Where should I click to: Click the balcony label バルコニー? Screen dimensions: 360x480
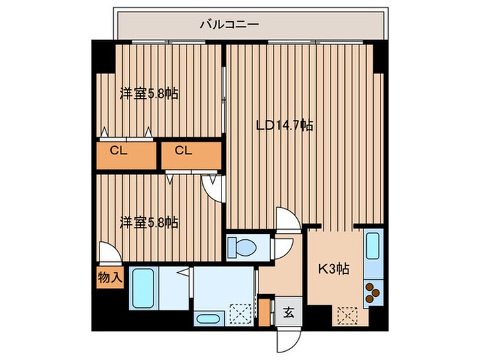[x=230, y=25]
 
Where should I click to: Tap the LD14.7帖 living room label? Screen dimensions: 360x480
[x=285, y=125]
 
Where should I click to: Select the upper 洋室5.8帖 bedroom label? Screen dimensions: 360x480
[x=149, y=94]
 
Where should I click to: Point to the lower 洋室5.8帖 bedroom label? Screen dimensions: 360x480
[x=149, y=222]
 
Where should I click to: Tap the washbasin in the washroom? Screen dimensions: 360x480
[x=207, y=317]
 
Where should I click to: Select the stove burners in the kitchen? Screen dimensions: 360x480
[x=372, y=293]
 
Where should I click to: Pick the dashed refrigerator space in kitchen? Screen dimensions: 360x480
[x=346, y=316]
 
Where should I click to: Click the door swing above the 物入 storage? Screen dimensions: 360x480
[x=108, y=254]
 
